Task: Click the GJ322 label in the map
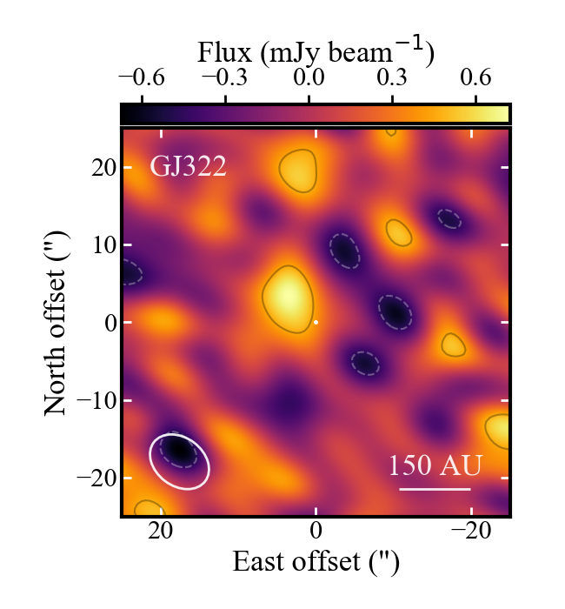coord(188,165)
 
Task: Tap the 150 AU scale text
coord(435,465)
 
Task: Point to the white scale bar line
coord(435,489)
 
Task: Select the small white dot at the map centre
coord(316,322)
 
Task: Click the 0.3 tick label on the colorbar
coord(392,78)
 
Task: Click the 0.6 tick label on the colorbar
coord(475,78)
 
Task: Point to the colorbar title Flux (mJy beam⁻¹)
coord(316,52)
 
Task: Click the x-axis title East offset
coord(316,563)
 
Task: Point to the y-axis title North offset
coord(58,323)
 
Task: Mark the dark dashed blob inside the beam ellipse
coord(176,450)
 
